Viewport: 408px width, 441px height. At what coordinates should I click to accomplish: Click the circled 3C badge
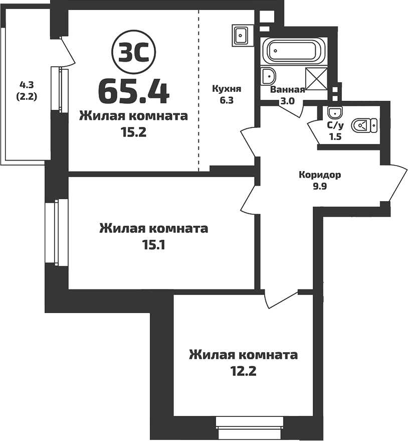pos(134,52)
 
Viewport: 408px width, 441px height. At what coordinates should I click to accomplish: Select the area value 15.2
pos(133,133)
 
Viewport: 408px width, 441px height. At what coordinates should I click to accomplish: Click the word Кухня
pos(227,89)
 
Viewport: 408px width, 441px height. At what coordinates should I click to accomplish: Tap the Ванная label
pos(287,90)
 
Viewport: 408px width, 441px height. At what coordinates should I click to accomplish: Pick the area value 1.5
pos(334,136)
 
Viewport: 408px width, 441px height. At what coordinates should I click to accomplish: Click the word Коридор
pos(320,175)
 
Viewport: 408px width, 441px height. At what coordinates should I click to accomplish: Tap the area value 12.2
pos(243,372)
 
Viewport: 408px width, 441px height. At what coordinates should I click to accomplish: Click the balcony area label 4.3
pos(27,84)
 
